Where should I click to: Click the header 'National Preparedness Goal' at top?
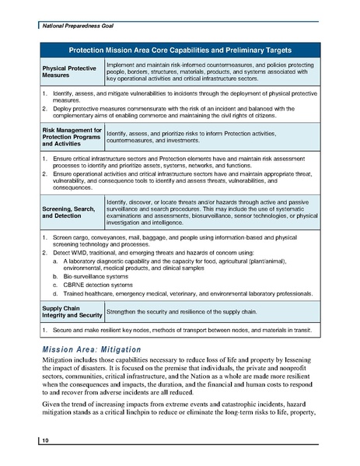(x=75, y=26)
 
